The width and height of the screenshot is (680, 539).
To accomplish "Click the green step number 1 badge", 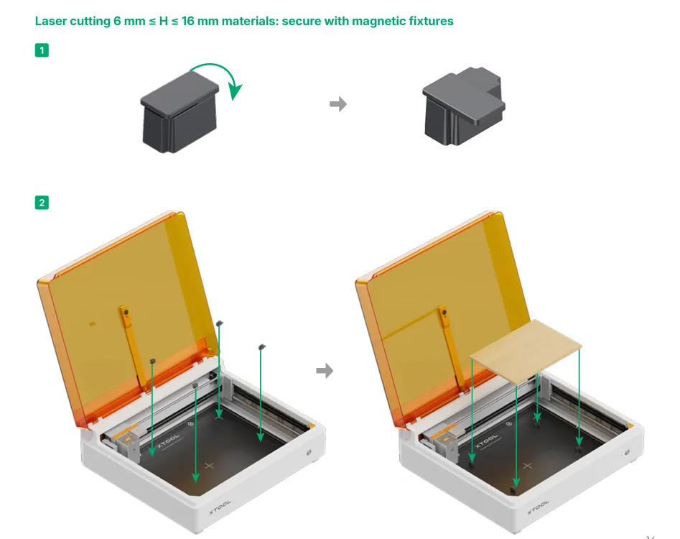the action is [x=42, y=50].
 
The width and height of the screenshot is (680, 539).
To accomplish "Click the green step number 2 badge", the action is [x=42, y=203].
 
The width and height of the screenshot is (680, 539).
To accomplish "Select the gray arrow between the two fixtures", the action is [x=337, y=104].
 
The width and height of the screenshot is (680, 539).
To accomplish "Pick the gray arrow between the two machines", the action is [x=325, y=371].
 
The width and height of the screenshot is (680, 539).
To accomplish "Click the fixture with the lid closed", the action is [x=180, y=112].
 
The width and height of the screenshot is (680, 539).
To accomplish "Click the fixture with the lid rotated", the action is [x=464, y=106].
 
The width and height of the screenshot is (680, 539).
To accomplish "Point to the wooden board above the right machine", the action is [x=526, y=351].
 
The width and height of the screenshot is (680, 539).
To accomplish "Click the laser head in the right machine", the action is [x=445, y=443].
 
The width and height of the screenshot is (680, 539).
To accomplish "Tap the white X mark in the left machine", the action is [x=210, y=466].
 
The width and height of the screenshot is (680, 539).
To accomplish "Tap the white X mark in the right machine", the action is [x=527, y=466].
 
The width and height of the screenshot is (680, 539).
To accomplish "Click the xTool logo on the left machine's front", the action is [x=220, y=507].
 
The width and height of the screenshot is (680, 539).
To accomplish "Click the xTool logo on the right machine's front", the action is [x=539, y=507].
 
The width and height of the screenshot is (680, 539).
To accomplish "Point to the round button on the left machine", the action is [x=309, y=452].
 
